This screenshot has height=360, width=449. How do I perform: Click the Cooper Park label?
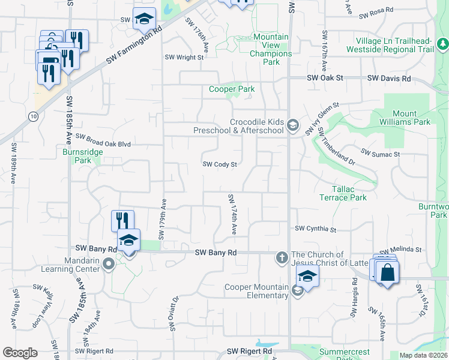(232, 89)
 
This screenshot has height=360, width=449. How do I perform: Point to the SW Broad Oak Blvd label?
(103, 145)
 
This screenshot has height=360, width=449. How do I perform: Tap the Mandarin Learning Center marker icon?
(108, 263)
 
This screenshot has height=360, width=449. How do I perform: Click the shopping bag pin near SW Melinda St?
(388, 272)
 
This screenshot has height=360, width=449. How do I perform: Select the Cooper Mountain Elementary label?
(256, 291)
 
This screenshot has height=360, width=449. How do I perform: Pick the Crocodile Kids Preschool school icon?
(292, 125)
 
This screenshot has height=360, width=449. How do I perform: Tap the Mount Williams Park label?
(412, 118)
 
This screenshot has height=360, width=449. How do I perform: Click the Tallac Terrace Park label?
(343, 193)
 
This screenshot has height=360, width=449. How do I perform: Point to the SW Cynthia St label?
(315, 229)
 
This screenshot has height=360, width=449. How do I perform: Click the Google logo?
(20, 352)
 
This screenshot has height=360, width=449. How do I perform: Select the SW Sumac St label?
(380, 154)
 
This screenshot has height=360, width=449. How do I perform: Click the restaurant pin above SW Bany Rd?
(122, 221)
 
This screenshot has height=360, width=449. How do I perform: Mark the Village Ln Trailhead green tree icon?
(442, 44)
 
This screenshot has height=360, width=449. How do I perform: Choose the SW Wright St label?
(184, 58)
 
